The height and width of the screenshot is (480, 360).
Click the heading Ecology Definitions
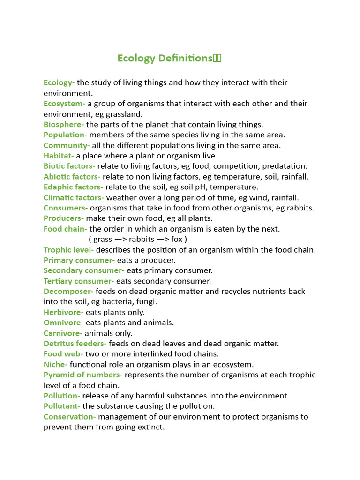pyautogui.click(x=169, y=58)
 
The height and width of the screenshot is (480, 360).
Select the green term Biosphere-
pyautogui.click(x=64, y=125)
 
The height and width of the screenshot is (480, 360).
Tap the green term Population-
pyautogui.click(x=65, y=135)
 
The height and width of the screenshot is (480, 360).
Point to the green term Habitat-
pyautogui.click(x=59, y=156)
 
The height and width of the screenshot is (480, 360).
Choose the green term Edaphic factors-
pyautogui.click(x=73, y=187)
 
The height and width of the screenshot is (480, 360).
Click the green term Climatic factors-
pyautogui.click(x=74, y=198)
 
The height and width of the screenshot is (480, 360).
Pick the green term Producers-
pyautogui.click(x=64, y=218)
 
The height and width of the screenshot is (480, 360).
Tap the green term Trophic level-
pyautogui.click(x=68, y=250)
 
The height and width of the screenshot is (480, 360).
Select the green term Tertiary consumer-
pyautogui.click(x=79, y=281)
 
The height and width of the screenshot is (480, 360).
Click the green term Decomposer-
pyautogui.click(x=68, y=292)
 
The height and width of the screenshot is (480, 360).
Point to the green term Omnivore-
pyautogui.click(x=63, y=322)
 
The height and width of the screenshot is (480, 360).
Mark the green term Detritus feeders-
pyautogui.click(x=75, y=344)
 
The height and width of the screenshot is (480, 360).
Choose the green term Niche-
pyautogui.click(x=55, y=364)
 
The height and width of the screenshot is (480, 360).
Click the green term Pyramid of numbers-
pyautogui.click(x=83, y=375)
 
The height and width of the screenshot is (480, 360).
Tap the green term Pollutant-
pyautogui.click(x=62, y=406)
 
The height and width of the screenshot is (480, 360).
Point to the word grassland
pyautogui.click(x=125, y=114)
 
